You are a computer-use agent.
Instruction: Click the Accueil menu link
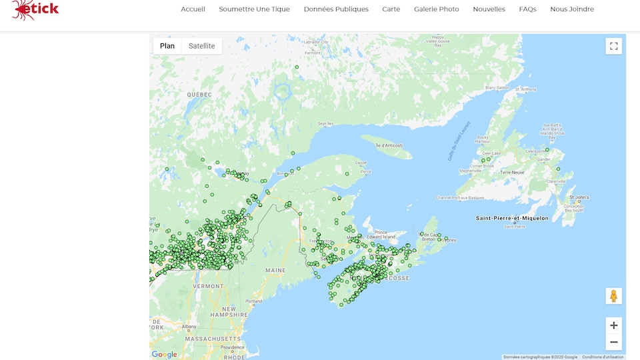coord(193,9)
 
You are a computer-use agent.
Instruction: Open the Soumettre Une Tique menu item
coord(254,9)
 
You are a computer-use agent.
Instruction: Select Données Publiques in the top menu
coord(336,9)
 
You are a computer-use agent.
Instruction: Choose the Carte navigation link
coord(391,9)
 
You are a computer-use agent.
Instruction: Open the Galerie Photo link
coord(436,9)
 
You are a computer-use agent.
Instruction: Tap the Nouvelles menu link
coord(489,9)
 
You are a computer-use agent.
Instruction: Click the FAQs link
coord(527,9)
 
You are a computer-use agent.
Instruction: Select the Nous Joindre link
coord(571,9)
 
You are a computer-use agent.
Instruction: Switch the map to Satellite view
coord(201,46)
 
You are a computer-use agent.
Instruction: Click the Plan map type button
coord(167,46)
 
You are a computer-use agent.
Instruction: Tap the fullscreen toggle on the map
coord(613,46)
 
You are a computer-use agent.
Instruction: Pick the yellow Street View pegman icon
coord(613,296)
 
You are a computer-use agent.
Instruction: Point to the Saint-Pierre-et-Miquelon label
coord(512,218)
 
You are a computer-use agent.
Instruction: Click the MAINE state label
coord(275,270)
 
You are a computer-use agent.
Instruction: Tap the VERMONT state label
coord(207,285)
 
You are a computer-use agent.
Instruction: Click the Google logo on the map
coord(164,355)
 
